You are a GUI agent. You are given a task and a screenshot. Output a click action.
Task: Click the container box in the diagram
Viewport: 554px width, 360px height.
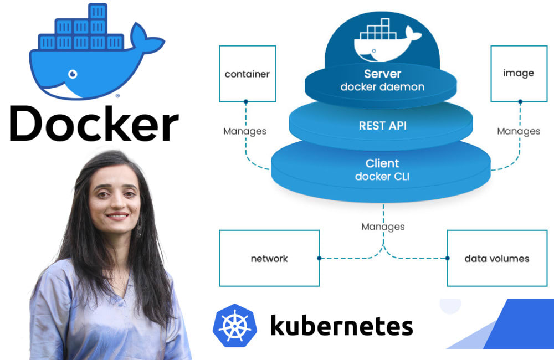247,74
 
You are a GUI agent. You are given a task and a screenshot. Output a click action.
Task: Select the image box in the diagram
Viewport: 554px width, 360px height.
519,74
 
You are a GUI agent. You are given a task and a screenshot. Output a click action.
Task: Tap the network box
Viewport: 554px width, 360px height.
269,258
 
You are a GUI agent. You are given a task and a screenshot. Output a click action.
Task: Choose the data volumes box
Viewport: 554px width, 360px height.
496,258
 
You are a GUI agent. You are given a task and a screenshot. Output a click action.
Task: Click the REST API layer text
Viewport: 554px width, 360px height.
382,126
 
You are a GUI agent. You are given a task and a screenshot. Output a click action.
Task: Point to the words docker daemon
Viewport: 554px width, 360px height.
382,87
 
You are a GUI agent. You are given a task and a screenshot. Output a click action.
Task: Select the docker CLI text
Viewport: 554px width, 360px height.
382,177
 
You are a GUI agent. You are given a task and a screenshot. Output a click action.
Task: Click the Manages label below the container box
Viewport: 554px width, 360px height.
245,131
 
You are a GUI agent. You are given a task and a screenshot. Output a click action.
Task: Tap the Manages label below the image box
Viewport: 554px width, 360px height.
519,131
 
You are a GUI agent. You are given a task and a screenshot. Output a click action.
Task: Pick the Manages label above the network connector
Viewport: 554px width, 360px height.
383,227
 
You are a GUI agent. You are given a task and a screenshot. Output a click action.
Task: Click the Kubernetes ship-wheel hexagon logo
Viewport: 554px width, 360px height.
234,326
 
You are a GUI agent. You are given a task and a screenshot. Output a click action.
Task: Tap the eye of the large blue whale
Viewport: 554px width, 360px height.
73,74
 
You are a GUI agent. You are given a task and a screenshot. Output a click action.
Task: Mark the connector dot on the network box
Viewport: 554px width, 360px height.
320,258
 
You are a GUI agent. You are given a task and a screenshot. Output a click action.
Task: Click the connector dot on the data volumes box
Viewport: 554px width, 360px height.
447,258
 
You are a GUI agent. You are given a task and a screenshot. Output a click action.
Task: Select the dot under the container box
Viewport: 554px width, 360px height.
245,102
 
